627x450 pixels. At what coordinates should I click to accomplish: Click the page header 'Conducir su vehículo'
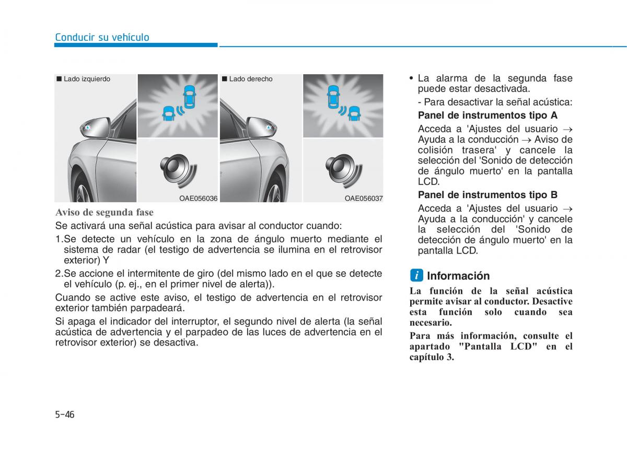102,37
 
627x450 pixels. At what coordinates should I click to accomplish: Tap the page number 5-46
65,414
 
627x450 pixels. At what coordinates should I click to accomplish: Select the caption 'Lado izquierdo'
87,79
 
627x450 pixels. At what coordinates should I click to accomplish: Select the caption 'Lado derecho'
250,79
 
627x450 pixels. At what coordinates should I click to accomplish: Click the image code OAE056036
198,198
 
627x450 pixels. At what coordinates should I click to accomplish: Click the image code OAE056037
364,198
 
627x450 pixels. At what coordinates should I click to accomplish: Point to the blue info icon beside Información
417,275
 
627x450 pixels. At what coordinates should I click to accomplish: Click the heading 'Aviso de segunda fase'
104,212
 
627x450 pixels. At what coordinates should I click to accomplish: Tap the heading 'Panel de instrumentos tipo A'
487,116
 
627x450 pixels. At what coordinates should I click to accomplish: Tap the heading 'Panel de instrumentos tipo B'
487,194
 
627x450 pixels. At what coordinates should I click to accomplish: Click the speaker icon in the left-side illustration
179,171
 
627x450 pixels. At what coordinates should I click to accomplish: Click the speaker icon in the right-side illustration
344,171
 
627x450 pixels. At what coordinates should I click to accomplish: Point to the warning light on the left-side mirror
88,128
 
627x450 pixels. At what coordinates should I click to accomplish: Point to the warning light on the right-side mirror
269,128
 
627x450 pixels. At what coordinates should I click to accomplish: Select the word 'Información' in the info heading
458,276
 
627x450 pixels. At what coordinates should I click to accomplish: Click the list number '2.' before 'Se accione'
60,273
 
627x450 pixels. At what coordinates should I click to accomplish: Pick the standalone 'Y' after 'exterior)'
106,260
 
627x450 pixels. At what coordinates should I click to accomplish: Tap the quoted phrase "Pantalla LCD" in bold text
498,347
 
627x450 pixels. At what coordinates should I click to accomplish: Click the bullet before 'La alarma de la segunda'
411,78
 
